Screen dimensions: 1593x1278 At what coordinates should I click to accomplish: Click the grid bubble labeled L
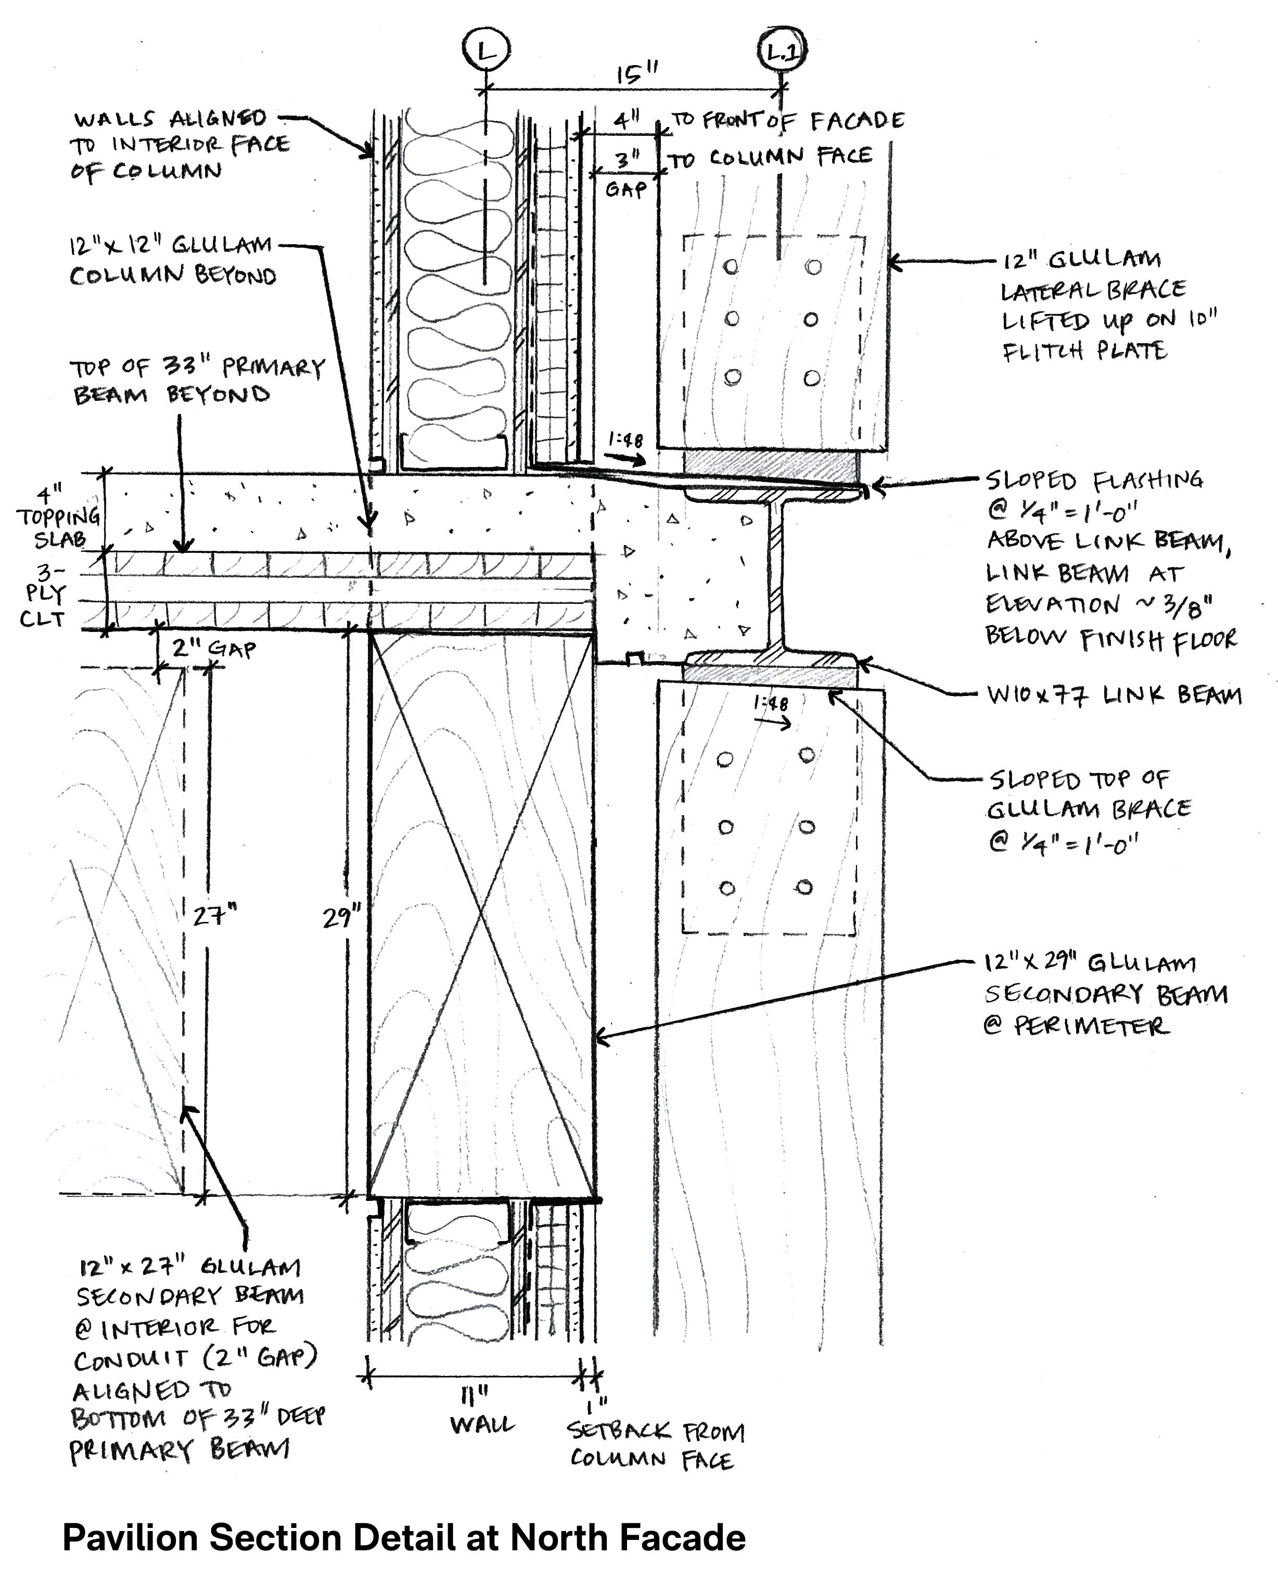[x=485, y=51]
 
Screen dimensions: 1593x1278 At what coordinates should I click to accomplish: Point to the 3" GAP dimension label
[x=625, y=174]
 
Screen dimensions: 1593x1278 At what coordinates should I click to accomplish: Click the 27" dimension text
[x=214, y=916]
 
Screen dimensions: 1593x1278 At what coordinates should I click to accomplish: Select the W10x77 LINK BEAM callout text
[x=1113, y=696]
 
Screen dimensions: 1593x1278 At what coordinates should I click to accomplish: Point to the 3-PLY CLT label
[x=44, y=595]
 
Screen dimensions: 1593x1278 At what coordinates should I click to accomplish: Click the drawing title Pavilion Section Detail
[x=403, y=1538]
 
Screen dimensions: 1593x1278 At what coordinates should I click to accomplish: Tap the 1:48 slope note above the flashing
[x=625, y=440]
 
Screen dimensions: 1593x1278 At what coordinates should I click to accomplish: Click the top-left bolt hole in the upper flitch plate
[x=731, y=266]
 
